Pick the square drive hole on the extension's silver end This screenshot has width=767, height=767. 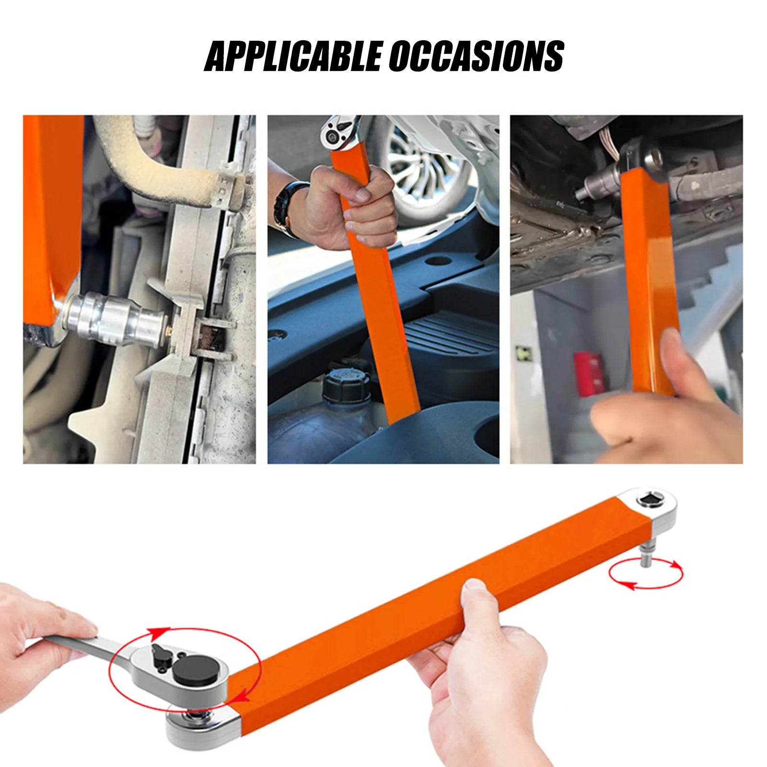click(x=650, y=501)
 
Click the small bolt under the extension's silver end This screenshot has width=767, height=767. click(x=646, y=556)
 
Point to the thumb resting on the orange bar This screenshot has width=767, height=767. click(x=474, y=594)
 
